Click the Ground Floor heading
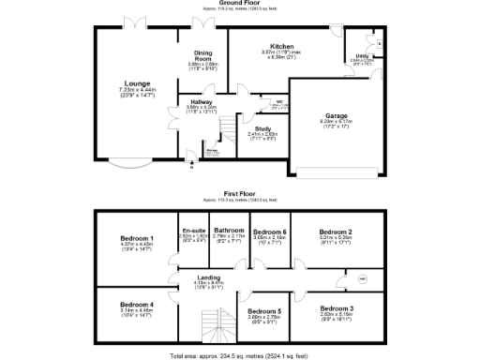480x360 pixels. [x=240, y=4]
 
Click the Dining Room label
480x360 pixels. [x=203, y=53]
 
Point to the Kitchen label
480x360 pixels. [x=283, y=46]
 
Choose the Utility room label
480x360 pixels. [x=362, y=56]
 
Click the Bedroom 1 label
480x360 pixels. [x=137, y=239]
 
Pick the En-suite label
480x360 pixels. [x=194, y=231]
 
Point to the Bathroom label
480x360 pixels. [x=229, y=231]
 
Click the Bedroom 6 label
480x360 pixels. [x=270, y=232]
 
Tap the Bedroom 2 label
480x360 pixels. [x=336, y=232]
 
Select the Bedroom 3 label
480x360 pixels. [x=336, y=308]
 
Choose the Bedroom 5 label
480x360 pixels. [x=264, y=310]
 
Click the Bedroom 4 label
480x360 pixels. [x=137, y=305]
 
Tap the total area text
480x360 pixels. [x=240, y=355]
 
